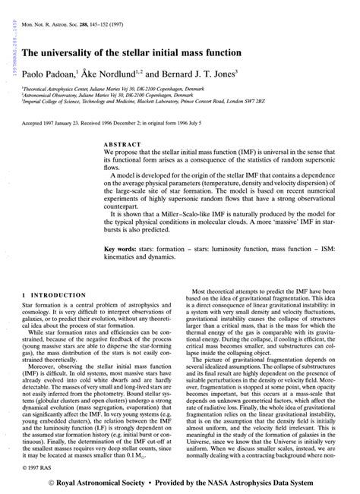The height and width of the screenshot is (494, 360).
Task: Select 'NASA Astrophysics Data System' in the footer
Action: (x=261, y=482)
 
